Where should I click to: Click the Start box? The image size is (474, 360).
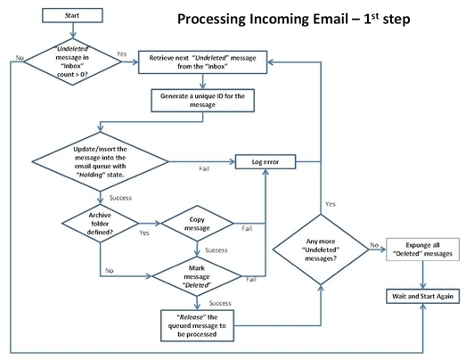click(x=72, y=15)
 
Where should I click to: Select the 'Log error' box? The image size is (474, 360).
click(x=266, y=161)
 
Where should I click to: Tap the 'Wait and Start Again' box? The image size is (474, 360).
click(x=422, y=296)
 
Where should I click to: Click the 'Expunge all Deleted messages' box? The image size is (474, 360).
click(x=422, y=250)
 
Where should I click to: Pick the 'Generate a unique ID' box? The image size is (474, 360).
click(x=202, y=101)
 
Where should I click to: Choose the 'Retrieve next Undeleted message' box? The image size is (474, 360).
click(x=202, y=62)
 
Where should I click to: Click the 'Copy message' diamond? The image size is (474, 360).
click(x=197, y=224)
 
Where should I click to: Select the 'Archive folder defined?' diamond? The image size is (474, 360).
click(x=100, y=224)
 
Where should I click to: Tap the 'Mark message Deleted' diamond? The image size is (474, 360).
click(x=197, y=276)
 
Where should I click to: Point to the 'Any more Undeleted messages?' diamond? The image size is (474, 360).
click(x=321, y=250)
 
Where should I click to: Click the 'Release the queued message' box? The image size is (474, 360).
click(x=197, y=325)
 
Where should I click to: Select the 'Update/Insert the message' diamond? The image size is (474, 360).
click(x=100, y=161)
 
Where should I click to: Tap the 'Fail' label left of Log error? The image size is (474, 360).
click(x=204, y=168)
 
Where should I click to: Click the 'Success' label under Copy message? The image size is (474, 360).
click(x=217, y=250)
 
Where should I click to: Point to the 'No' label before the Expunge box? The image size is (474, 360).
click(x=374, y=245)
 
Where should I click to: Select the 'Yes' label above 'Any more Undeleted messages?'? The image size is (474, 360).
click(x=331, y=204)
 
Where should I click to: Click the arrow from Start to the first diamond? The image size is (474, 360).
click(x=72, y=30)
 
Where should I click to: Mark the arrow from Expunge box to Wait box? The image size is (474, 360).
click(x=423, y=275)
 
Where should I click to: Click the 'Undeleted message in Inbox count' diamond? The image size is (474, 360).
click(x=72, y=61)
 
